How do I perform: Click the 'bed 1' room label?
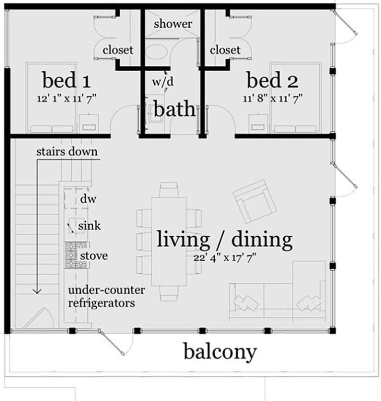[65, 80]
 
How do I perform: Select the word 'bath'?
[173, 109]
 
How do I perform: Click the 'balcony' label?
[220, 352]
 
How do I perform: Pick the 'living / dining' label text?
[225, 240]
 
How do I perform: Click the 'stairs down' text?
[66, 151]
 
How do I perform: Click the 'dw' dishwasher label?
[88, 200]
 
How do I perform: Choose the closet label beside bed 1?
[118, 50]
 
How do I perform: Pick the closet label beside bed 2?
[225, 50]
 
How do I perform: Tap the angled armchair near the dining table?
[255, 200]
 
